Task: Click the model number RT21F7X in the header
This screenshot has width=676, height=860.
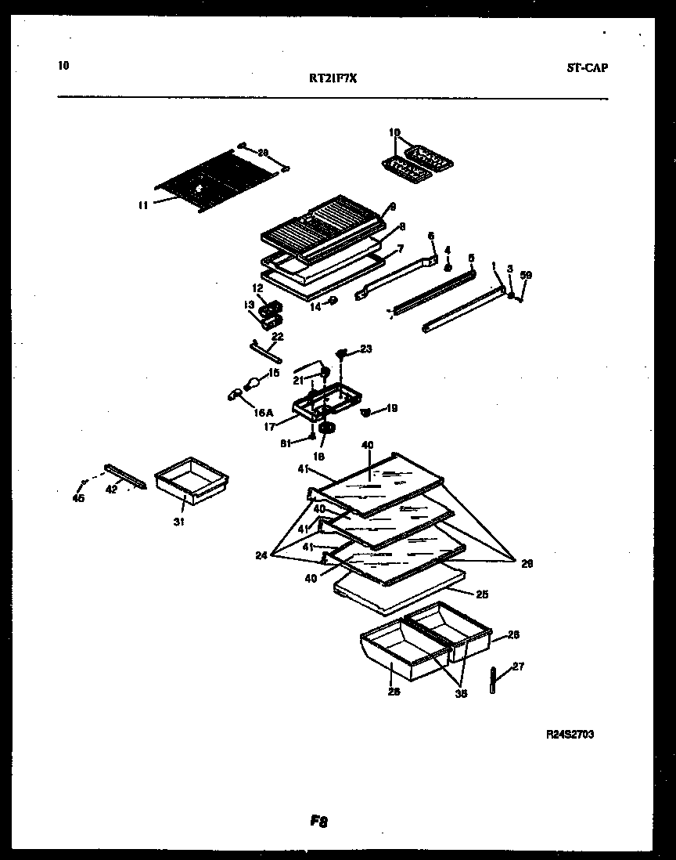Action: (x=333, y=78)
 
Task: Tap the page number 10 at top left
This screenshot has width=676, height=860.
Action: (x=63, y=66)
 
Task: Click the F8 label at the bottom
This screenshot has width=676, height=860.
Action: (x=318, y=822)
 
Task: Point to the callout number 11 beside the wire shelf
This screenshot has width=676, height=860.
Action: (x=142, y=206)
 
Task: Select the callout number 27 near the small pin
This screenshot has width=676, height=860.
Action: (x=518, y=667)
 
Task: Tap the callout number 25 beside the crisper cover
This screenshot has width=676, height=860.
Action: (x=483, y=594)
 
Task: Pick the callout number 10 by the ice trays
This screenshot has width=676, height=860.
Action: (x=394, y=132)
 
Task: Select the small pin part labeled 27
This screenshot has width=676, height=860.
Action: (x=494, y=678)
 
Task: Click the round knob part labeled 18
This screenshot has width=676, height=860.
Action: (x=326, y=428)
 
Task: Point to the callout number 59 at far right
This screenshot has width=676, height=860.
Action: (x=526, y=275)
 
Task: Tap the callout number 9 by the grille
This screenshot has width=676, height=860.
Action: (x=392, y=207)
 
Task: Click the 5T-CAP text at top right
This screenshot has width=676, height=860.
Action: (x=587, y=67)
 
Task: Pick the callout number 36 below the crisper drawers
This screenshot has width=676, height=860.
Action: (x=461, y=693)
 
